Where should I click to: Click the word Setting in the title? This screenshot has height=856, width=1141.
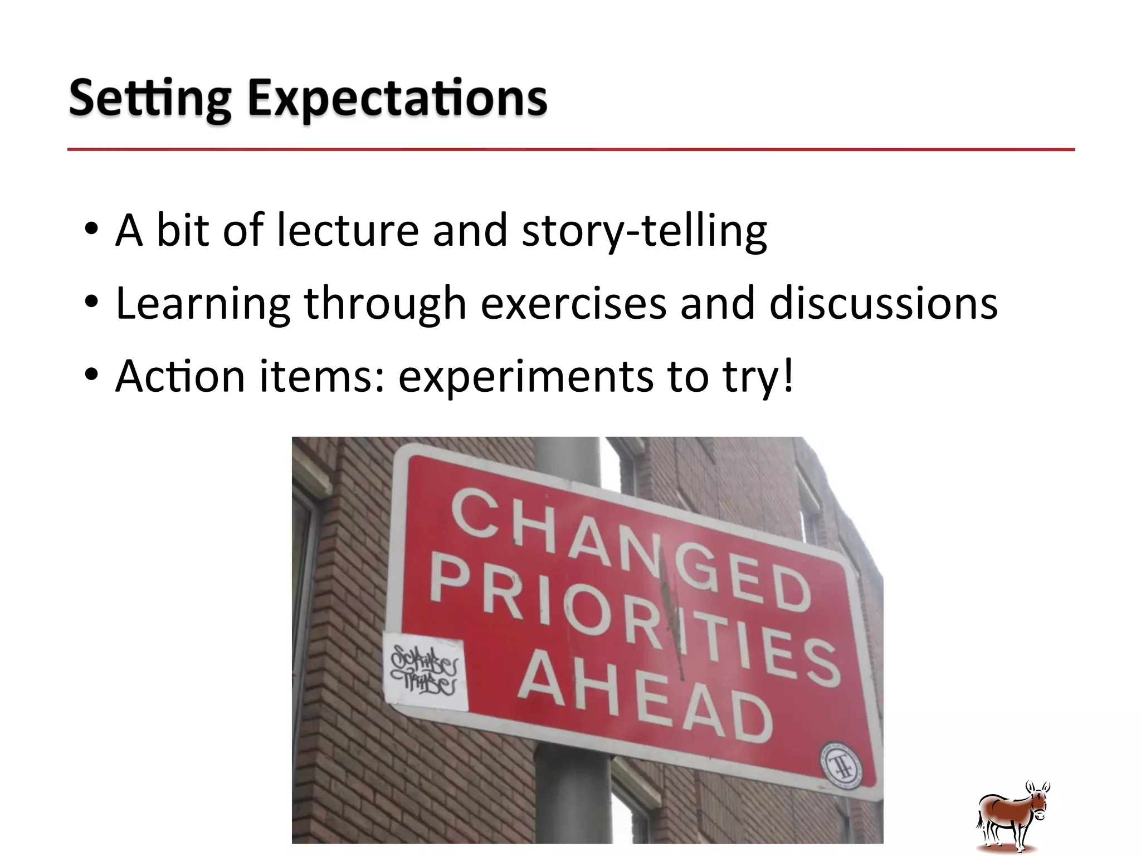tap(149, 99)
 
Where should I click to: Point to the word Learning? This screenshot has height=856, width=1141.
tap(203, 304)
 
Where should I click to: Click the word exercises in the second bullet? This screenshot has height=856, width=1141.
tap(573, 304)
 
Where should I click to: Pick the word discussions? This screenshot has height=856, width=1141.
tap(883, 304)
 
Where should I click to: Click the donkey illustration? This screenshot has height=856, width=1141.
tap(1013, 817)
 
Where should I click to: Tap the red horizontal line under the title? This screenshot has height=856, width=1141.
tap(570, 149)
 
